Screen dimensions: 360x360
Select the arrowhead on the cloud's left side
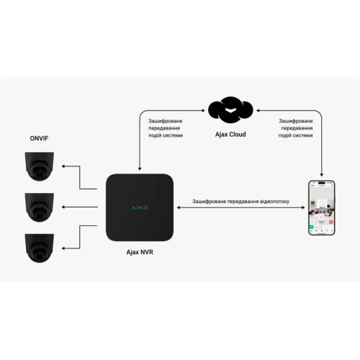point(205,110)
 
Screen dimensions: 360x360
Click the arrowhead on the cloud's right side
point(257,110)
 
